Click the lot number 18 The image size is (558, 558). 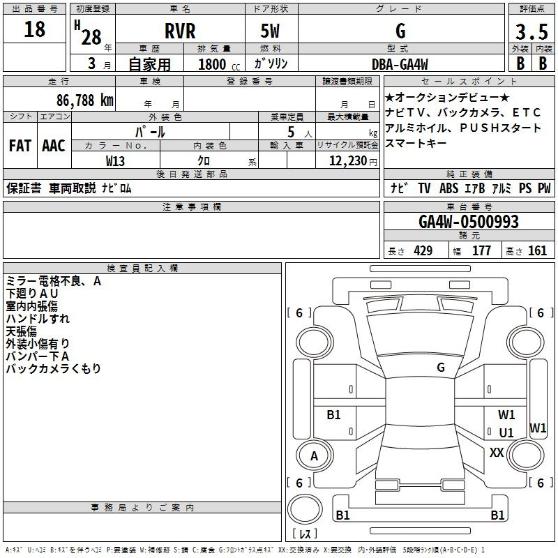[34, 29]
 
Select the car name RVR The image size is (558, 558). [180, 31]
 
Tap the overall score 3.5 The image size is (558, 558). [531, 32]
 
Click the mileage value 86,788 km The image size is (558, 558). [84, 100]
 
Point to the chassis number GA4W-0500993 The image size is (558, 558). [469, 222]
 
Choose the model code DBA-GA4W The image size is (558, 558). [400, 64]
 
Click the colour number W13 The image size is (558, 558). [115, 161]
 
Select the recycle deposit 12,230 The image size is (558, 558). [347, 161]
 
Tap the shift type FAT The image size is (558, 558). [20, 146]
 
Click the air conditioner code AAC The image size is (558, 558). [54, 146]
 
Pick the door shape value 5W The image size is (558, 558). [270, 31]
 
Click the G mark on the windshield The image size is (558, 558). [441, 368]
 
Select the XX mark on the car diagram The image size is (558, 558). [497, 452]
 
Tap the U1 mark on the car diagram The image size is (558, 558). [506, 432]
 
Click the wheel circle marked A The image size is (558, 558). [315, 455]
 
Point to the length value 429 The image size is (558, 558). [423, 250]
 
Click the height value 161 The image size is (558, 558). [537, 250]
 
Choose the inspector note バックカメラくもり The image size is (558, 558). [54, 368]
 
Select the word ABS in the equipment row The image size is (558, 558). [448, 188]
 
